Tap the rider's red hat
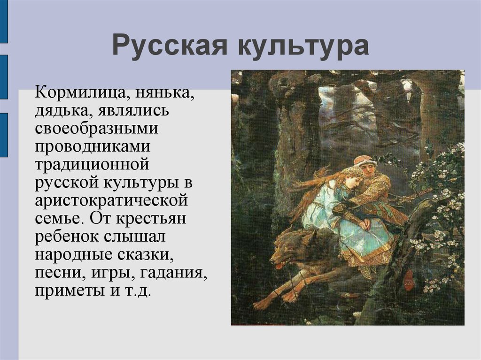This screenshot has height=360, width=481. click(365, 161)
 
